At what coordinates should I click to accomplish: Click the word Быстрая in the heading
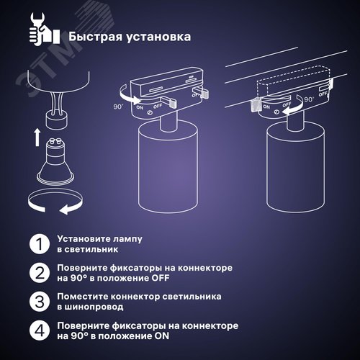96,37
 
